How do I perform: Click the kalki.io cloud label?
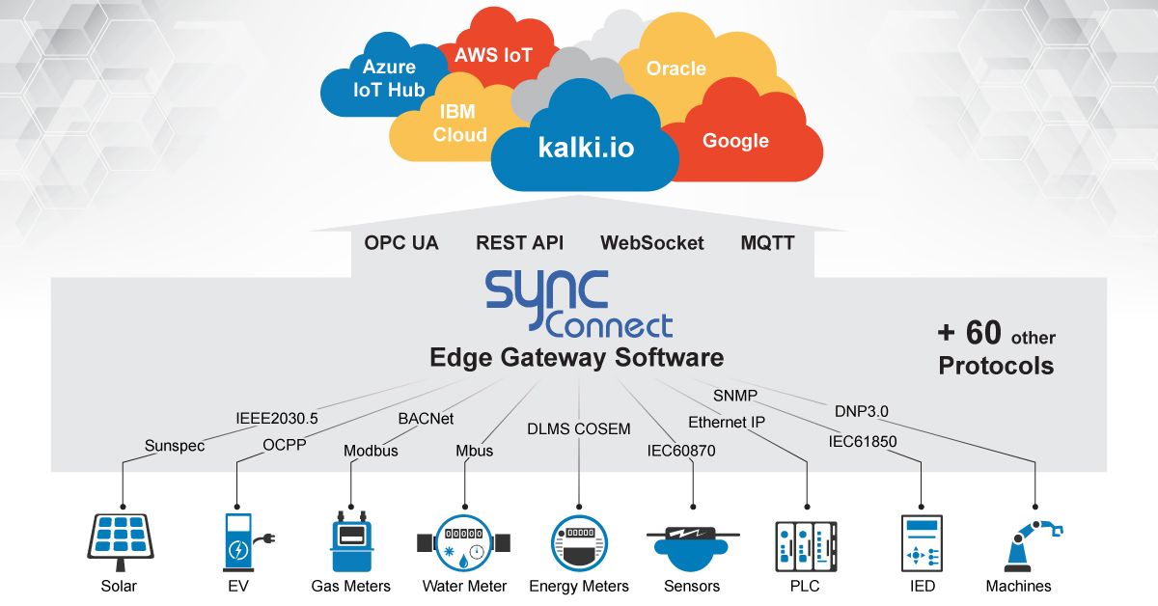click(x=586, y=150)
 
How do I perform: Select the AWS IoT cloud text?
click(x=493, y=54)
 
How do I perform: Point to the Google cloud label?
click(x=735, y=140)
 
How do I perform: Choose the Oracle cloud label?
click(x=675, y=69)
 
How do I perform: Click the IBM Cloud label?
click(x=459, y=124)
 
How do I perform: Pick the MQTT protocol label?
click(x=767, y=242)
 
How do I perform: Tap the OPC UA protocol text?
click(x=401, y=242)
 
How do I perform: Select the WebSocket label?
click(x=651, y=242)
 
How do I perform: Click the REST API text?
click(x=519, y=242)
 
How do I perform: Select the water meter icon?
click(x=463, y=543)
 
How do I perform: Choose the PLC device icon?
click(x=805, y=543)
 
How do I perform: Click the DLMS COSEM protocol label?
click(x=578, y=428)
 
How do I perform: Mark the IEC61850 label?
click(x=862, y=442)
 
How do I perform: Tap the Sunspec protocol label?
click(x=175, y=446)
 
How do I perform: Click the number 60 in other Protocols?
click(x=983, y=334)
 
